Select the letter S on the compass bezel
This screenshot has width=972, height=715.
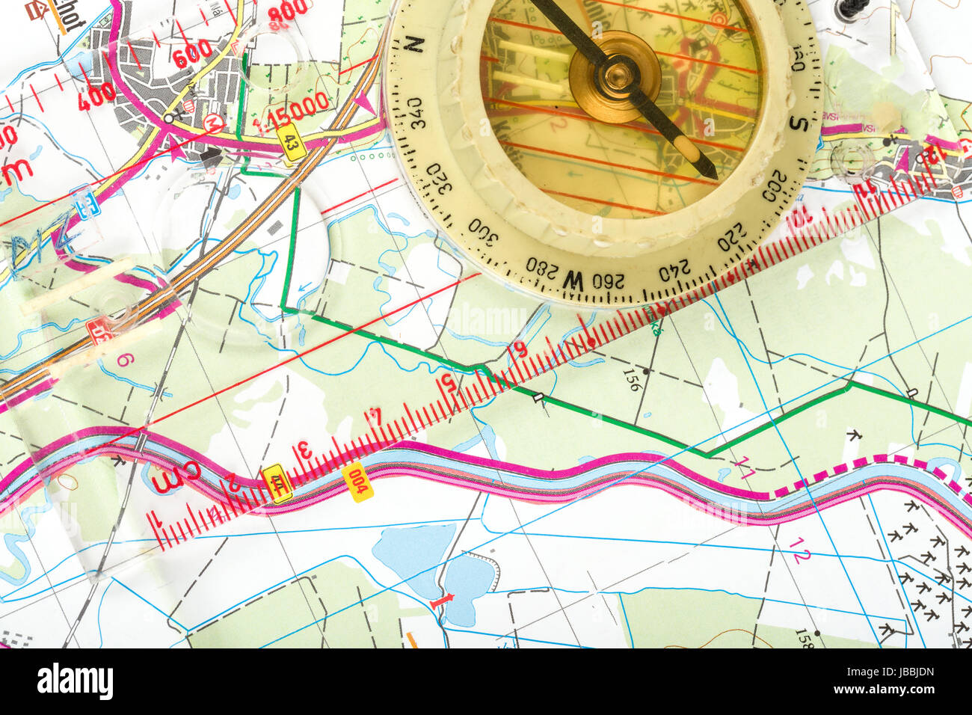(799, 122)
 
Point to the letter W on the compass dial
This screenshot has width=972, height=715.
(573, 280)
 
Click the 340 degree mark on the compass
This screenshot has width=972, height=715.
(415, 113)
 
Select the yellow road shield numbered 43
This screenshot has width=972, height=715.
(292, 141)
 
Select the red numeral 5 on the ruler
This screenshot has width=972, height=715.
(448, 384)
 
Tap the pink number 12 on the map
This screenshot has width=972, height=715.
(799, 555)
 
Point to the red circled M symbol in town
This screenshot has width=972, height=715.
(213, 124)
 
